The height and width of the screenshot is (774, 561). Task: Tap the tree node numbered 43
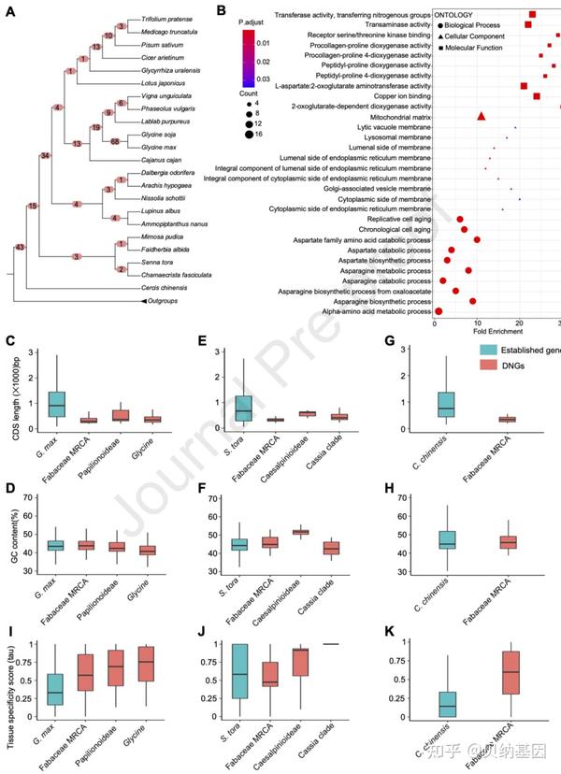tap(20, 247)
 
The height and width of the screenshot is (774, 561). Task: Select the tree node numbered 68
tap(115, 143)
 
